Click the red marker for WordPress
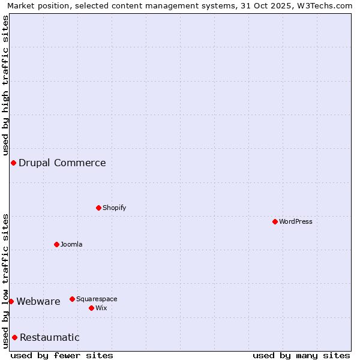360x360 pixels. [275, 221]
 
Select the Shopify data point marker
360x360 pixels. [98, 208]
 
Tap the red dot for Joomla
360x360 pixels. [56, 244]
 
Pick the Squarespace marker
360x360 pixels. [72, 299]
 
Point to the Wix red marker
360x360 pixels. [91, 308]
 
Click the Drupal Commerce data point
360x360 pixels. [13, 163]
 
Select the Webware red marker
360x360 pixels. [11, 301]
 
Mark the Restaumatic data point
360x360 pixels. [14, 337]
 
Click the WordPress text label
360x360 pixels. [296, 221]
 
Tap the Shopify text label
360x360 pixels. [114, 208]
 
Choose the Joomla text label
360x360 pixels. [71, 244]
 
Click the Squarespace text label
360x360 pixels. [97, 299]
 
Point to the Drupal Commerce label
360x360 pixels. [62, 163]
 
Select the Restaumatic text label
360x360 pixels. [50, 337]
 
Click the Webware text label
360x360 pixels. [38, 301]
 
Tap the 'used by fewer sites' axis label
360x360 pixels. [62, 355]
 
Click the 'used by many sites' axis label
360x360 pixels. [301, 355]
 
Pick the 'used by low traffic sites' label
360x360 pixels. [5, 281]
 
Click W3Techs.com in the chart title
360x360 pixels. [324, 5]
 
